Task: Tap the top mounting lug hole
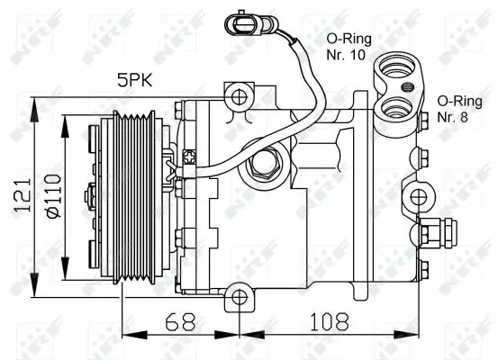coord(237,96)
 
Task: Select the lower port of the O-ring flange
coord(394,109)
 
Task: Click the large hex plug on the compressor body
coord(265,163)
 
